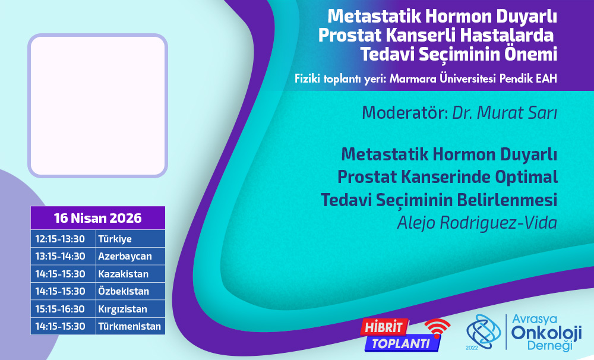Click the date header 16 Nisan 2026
point(98,218)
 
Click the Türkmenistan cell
point(129,326)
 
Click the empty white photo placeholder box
point(98,106)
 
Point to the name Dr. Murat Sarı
point(504,112)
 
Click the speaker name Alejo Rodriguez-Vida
point(477,223)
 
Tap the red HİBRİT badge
point(384,327)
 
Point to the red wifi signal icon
point(437,328)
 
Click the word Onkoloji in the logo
point(546,333)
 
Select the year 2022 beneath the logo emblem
point(472,348)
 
